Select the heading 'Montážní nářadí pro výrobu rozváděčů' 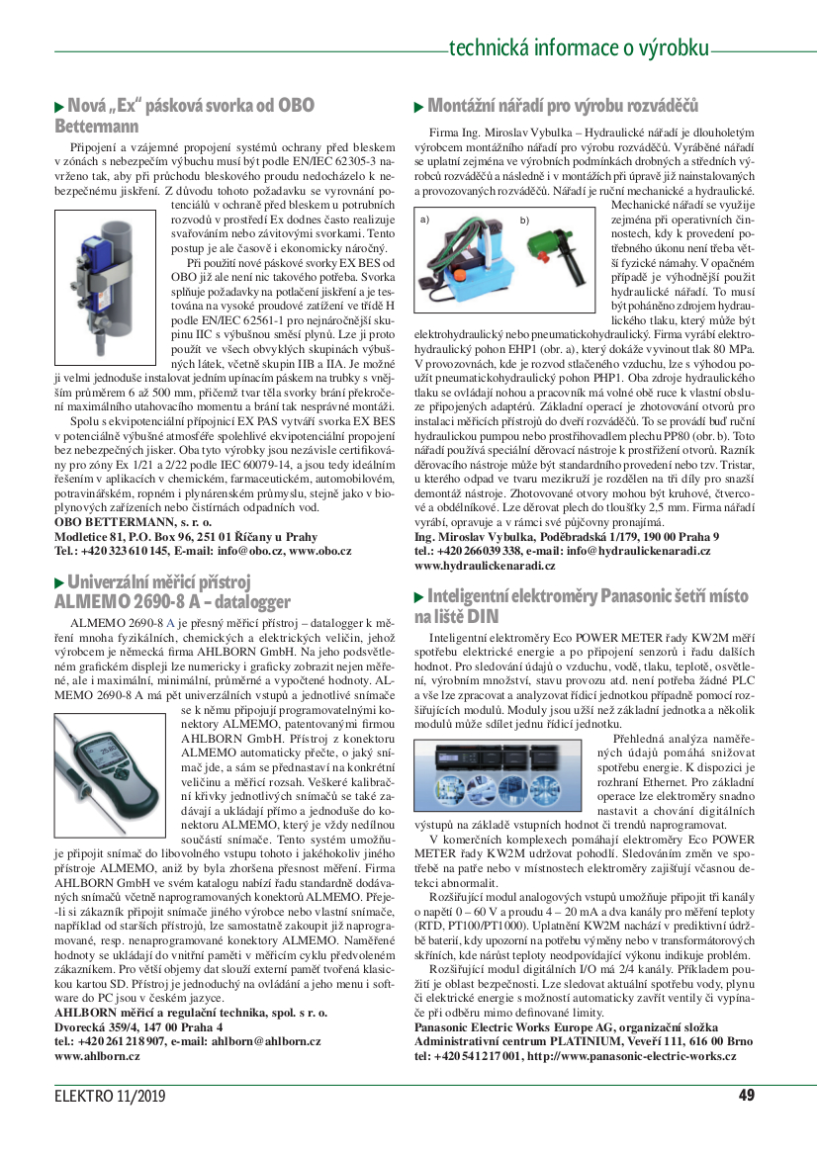(562, 106)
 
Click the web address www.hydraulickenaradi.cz (485, 566)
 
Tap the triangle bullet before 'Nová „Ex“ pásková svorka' (59, 106)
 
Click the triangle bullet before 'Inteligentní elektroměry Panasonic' (419, 596)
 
